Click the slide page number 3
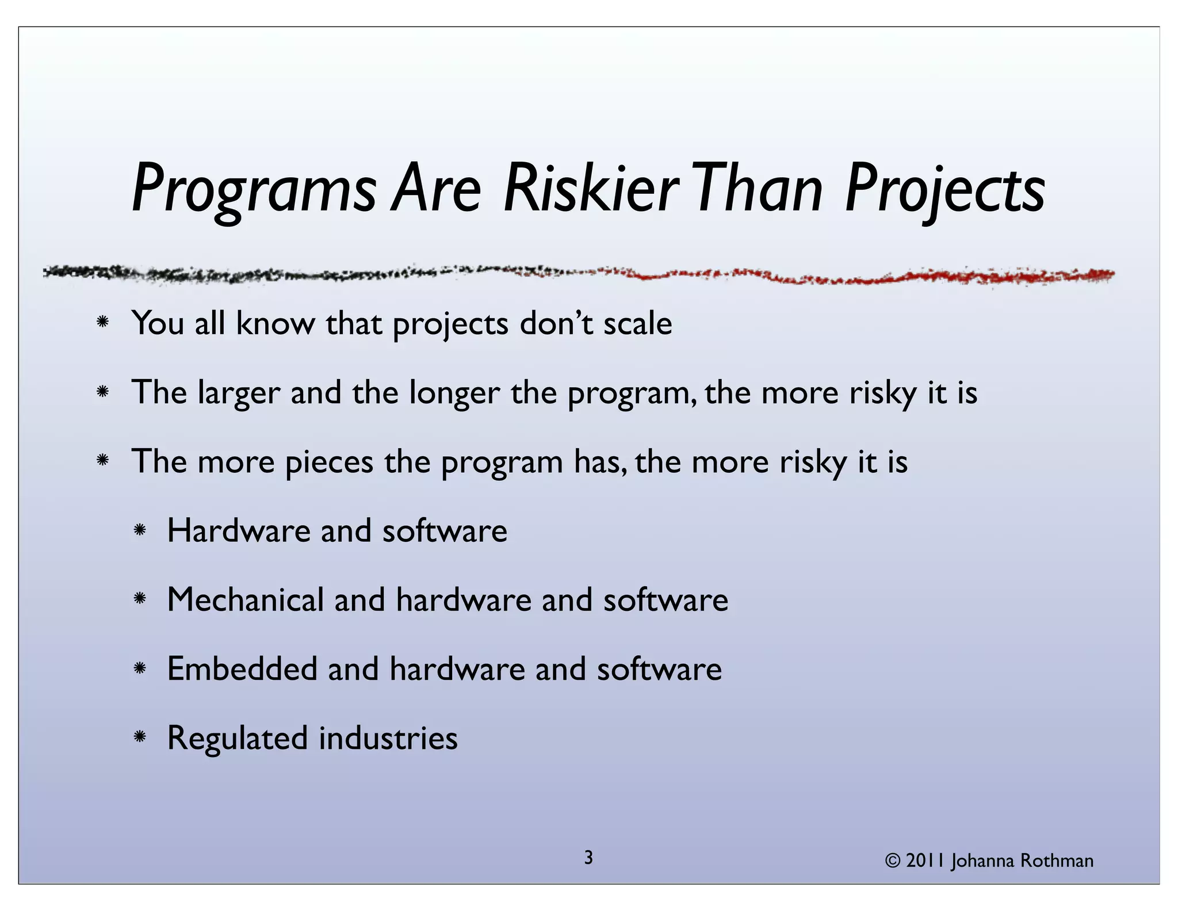(x=588, y=858)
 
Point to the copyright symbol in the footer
(x=892, y=861)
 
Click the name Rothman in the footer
(x=1057, y=861)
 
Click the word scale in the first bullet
(x=637, y=323)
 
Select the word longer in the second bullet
(x=454, y=393)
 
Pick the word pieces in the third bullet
(x=329, y=462)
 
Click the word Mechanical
(x=246, y=599)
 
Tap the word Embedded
(x=242, y=669)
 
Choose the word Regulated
(x=238, y=739)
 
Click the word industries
(x=388, y=738)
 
